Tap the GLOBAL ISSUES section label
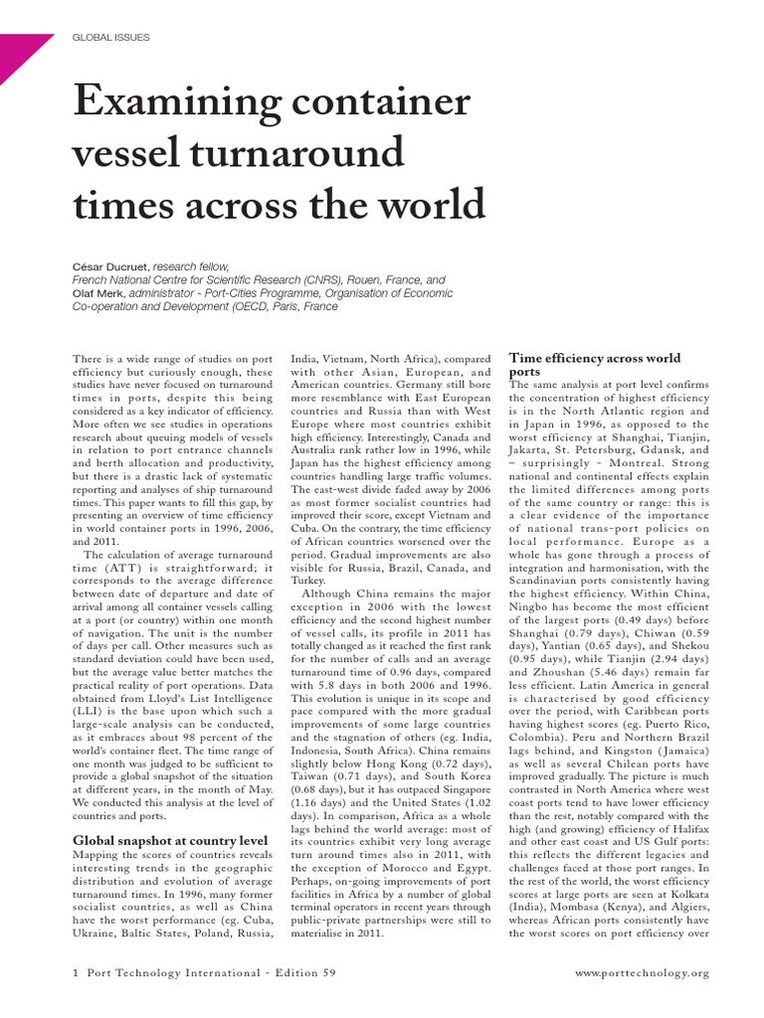pos(111,38)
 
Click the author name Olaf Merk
pos(99,293)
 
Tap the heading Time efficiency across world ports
pos(594,364)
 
